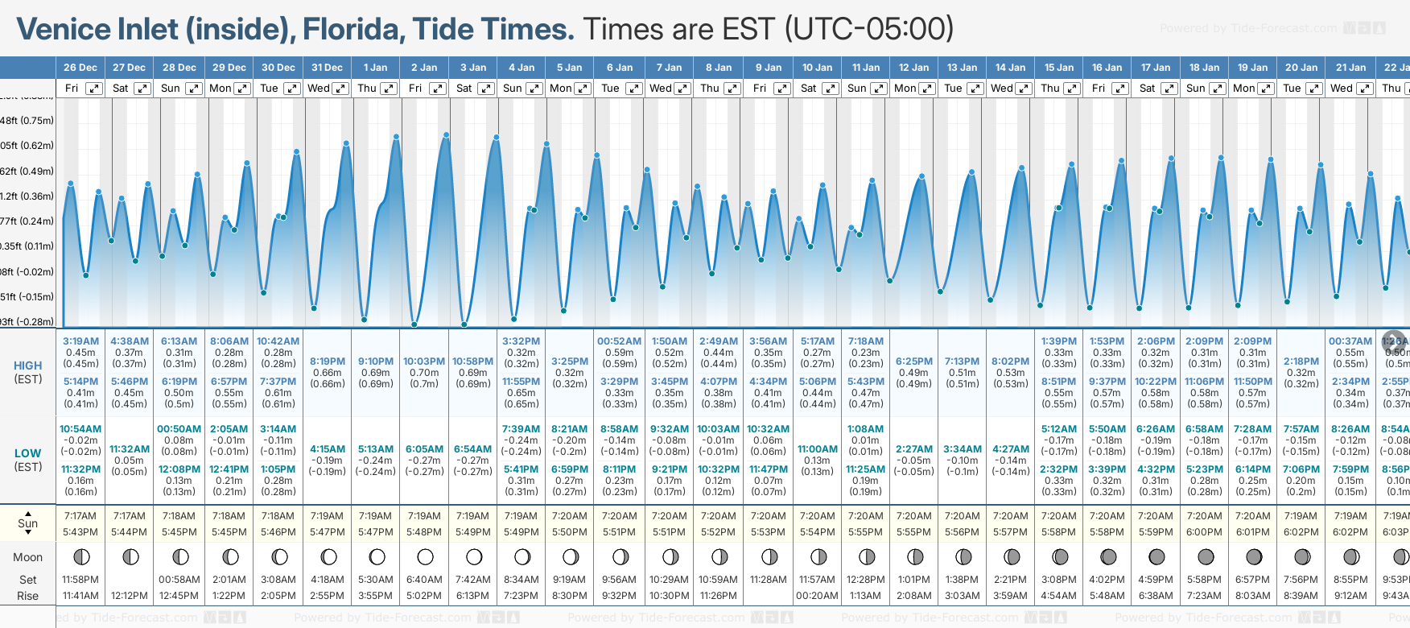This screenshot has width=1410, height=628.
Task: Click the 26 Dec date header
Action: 80,68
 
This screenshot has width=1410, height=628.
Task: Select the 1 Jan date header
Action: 375,68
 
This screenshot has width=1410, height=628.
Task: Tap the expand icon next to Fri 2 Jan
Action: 439,89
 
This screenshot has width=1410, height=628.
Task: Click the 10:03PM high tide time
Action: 424,362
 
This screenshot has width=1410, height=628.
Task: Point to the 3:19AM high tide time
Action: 80,341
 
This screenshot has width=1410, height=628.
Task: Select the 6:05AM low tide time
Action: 424,449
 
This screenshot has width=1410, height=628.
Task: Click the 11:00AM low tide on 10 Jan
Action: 817,449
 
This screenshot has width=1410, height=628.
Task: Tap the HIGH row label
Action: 27,366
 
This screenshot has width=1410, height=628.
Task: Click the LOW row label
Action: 27,453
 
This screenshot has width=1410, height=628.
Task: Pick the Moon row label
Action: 27,557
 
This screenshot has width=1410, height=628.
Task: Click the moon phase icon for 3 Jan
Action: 474,556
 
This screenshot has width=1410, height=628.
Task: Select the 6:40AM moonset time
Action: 424,580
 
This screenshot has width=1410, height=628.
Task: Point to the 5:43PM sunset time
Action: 80,532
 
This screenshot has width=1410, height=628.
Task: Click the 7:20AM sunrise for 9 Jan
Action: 768,516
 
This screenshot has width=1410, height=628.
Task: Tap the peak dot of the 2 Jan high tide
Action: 447,134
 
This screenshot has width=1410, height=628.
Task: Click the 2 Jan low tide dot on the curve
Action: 414,324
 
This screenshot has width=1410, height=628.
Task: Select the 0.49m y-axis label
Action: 27,171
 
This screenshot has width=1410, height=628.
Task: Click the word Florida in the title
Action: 354,29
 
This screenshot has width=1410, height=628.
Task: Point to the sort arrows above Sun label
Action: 28,512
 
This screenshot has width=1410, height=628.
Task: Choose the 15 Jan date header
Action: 1059,68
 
